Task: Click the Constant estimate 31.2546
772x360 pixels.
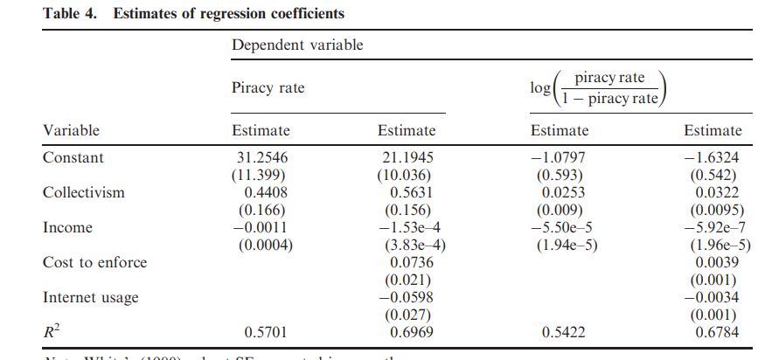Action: pyautogui.click(x=260, y=158)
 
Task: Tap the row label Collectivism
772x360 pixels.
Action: pyautogui.click(x=83, y=193)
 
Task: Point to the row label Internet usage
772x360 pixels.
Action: pyautogui.click(x=90, y=298)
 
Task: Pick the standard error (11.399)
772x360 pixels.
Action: pyautogui.click(x=260, y=175)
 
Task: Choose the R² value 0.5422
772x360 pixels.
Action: pyautogui.click(x=560, y=333)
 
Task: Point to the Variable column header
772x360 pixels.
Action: pyautogui.click(x=71, y=130)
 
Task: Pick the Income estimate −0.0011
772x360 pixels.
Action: pyautogui.click(x=260, y=228)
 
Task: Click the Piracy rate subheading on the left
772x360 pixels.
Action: pyautogui.click(x=268, y=88)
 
